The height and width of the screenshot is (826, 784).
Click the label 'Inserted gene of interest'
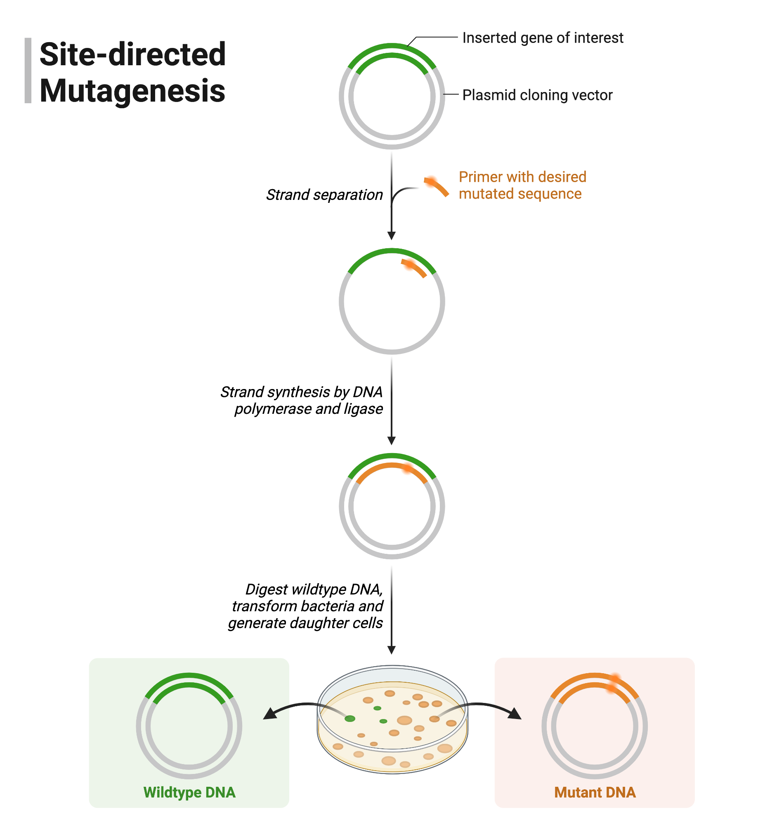pyautogui.click(x=543, y=38)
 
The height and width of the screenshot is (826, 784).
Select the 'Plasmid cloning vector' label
pyautogui.click(x=537, y=95)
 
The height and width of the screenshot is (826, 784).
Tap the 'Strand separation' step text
pyautogui.click(x=324, y=195)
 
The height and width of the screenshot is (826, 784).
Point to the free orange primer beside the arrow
pyautogui.click(x=437, y=187)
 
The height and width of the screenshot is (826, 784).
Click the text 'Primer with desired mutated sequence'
pyautogui.click(x=522, y=185)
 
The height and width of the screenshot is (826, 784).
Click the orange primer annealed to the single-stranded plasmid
pyautogui.click(x=414, y=267)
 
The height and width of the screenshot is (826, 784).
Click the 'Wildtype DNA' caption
pyautogui.click(x=189, y=793)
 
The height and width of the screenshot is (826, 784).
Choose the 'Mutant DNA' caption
pyautogui.click(x=595, y=793)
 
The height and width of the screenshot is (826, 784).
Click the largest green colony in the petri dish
pyautogui.click(x=350, y=719)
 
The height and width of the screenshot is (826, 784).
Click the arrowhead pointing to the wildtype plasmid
pyautogui.click(x=270, y=714)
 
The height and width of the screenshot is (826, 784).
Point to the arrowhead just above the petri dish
pyautogui.click(x=392, y=650)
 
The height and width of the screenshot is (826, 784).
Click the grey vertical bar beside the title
pyautogui.click(x=28, y=70)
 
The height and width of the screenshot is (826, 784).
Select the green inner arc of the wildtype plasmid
pyautogui.click(x=189, y=686)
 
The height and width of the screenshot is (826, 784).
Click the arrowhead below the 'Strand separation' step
pyautogui.click(x=392, y=235)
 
